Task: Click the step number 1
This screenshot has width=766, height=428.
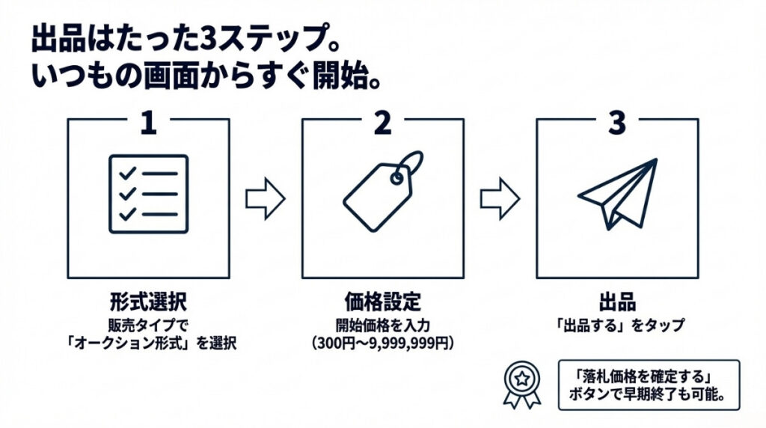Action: [148, 123]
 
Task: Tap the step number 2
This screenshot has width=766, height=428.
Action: [382, 123]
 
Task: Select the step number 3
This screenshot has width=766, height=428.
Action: [616, 123]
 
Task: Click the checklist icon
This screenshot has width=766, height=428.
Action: [148, 194]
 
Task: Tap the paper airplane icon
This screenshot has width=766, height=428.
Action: [618, 193]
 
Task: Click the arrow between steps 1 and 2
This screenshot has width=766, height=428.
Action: [265, 198]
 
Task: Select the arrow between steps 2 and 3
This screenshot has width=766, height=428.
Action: [499, 198]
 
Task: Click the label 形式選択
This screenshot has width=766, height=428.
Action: [148, 302]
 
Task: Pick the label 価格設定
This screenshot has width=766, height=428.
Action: [382, 302]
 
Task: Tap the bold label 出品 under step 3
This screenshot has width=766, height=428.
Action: [617, 302]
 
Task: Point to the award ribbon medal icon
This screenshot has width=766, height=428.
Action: [521, 384]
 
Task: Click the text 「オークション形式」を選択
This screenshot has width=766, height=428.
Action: [148, 343]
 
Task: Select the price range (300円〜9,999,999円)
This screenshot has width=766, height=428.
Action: [382, 343]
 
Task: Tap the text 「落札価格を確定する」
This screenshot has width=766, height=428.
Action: [648, 376]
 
